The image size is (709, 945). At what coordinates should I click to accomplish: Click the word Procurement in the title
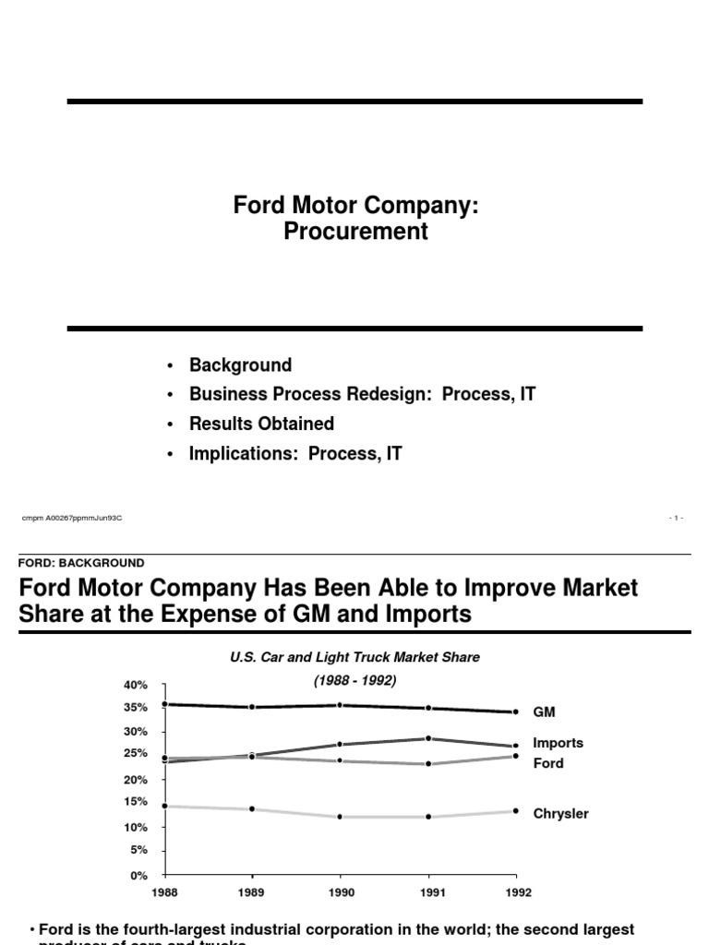(355, 232)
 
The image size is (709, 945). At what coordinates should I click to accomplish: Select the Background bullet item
(240, 365)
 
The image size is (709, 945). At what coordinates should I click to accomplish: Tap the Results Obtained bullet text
(261, 424)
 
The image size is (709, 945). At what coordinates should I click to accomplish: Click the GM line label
(544, 712)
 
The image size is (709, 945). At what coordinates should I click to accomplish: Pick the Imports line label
(559, 743)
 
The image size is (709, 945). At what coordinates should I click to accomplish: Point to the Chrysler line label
(560, 814)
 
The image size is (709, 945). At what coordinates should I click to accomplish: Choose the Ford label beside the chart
(548, 763)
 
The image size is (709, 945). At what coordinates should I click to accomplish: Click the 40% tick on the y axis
(135, 685)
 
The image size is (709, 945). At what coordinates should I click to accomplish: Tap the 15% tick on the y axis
(135, 802)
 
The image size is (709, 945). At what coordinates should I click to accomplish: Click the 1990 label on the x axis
(342, 893)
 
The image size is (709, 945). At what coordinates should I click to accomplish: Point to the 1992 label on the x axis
(518, 893)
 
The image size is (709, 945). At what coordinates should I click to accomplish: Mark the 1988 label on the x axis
(165, 893)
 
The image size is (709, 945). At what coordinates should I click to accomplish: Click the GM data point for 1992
(516, 712)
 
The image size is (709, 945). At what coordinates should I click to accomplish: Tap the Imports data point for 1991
(428, 738)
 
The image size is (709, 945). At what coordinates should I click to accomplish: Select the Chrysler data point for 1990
(342, 817)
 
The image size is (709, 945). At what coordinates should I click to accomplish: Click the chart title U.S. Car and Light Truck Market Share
(354, 657)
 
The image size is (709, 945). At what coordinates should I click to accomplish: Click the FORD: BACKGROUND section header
(81, 562)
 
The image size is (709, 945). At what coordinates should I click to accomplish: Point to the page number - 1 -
(677, 518)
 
